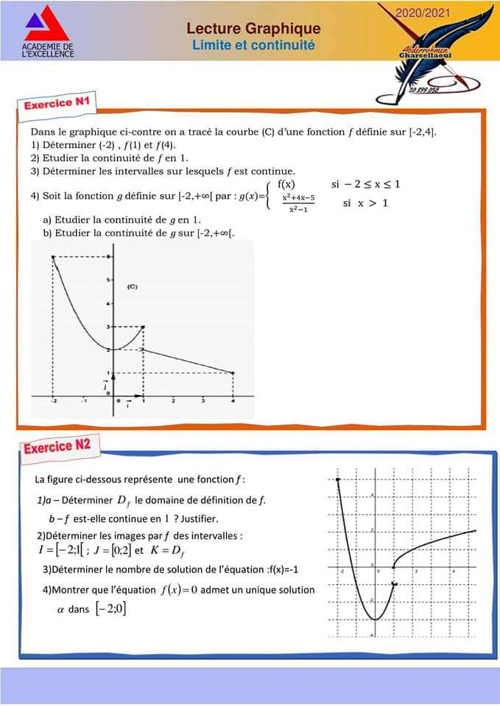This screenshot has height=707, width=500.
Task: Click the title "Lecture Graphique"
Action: (x=253, y=29)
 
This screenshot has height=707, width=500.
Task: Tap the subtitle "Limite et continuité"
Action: (x=253, y=45)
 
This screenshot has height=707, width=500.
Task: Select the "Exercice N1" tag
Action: (x=57, y=104)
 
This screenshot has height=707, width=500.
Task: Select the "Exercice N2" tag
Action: (x=57, y=446)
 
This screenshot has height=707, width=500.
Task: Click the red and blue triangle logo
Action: (x=47, y=25)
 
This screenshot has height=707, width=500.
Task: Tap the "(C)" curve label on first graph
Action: (x=133, y=286)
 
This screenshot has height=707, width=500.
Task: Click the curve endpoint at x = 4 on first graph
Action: (x=233, y=373)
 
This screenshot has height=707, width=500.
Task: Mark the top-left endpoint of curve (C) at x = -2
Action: (x=53, y=256)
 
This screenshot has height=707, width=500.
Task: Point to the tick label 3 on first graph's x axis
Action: (x=203, y=401)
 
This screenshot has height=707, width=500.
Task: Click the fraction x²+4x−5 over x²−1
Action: (x=298, y=203)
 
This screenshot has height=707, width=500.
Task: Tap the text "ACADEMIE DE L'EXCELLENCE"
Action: (x=49, y=50)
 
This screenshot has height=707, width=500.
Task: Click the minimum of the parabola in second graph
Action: (x=375, y=619)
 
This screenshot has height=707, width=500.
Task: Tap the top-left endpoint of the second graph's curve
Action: (x=337, y=479)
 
